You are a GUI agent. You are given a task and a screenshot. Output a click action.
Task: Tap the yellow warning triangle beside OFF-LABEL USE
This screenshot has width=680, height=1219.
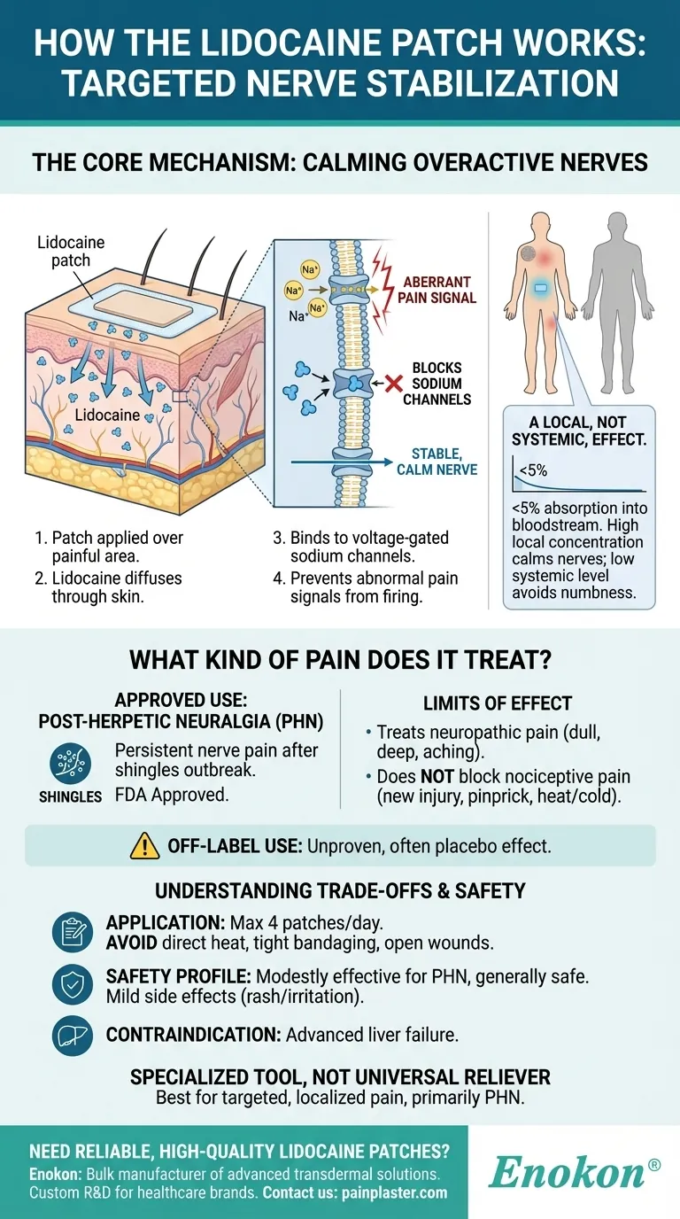[x=144, y=846]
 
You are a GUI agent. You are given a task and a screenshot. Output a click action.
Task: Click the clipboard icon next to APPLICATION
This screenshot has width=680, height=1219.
[x=72, y=932]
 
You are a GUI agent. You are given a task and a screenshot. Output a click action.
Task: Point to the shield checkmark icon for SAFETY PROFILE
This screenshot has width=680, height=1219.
[x=72, y=984]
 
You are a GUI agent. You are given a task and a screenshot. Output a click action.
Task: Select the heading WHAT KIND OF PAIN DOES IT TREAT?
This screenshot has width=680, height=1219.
[x=340, y=660]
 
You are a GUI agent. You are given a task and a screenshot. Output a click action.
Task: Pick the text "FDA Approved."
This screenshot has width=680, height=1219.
[x=172, y=795]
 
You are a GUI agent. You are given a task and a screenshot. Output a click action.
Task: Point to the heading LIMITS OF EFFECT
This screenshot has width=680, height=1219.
[x=498, y=703]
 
